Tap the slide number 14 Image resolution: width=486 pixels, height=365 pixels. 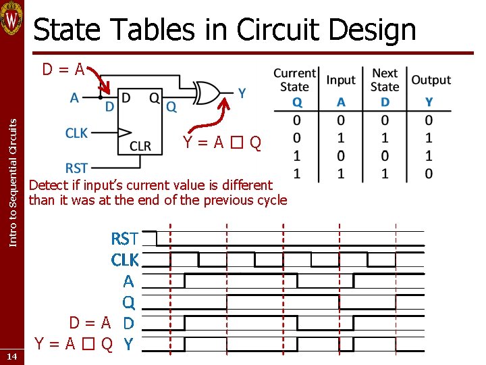click(x=12, y=356)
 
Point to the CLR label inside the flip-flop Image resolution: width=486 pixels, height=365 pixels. click(x=140, y=146)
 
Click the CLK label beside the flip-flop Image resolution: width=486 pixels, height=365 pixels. click(x=76, y=133)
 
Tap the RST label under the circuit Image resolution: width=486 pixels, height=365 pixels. click(x=76, y=168)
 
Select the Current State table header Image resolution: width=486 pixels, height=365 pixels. click(x=294, y=80)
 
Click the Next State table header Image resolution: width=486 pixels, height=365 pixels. click(x=385, y=80)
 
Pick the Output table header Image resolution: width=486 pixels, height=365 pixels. click(x=431, y=80)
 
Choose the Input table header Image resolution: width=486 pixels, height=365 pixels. click(x=341, y=80)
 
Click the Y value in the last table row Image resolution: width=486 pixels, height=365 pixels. click(x=429, y=173)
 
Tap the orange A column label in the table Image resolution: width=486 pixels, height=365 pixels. click(x=341, y=102)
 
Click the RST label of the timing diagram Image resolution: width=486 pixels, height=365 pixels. click(x=125, y=239)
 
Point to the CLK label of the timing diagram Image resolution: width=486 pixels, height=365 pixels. click(x=125, y=260)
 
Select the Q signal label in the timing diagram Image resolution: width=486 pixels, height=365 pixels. click(x=128, y=301)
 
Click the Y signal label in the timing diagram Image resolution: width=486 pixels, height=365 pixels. click(x=128, y=344)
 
